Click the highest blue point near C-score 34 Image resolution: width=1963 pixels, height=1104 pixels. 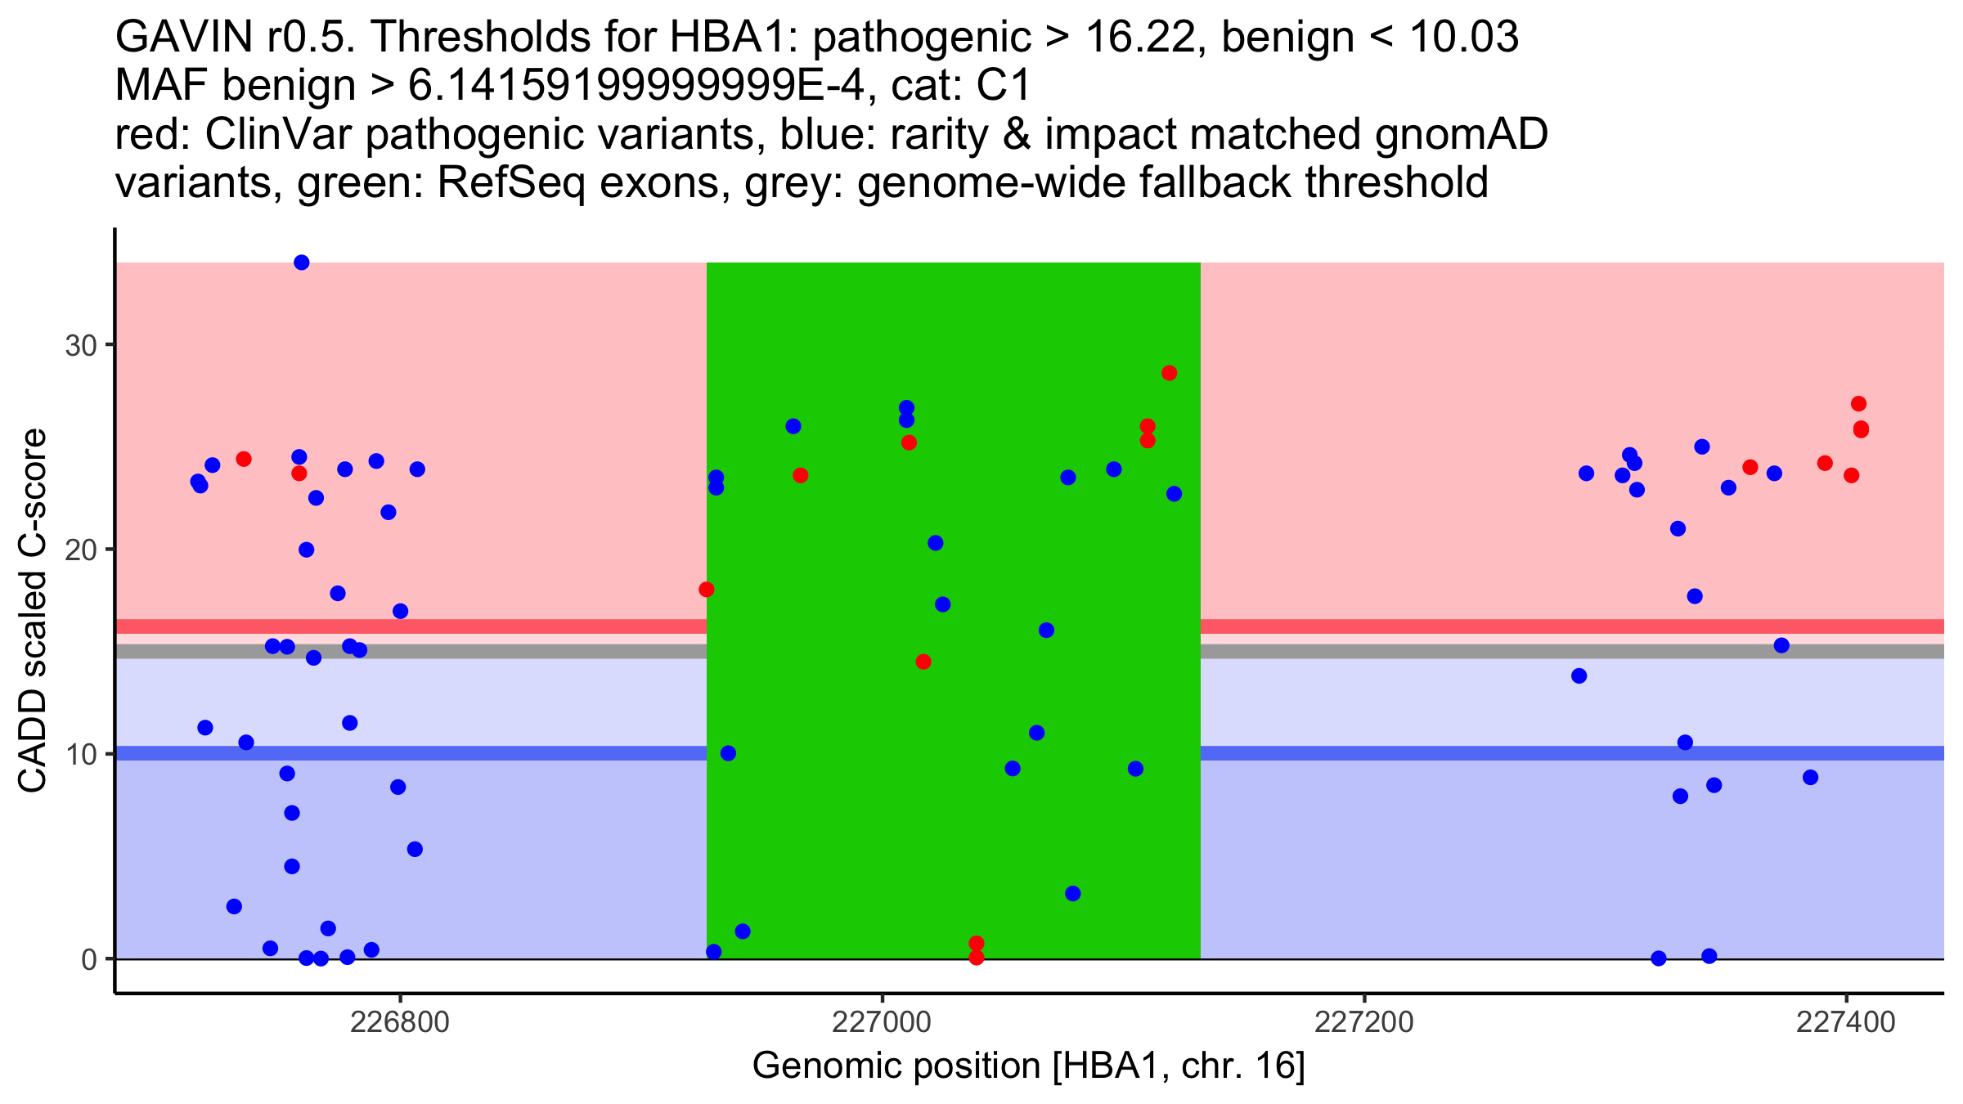pos(301,263)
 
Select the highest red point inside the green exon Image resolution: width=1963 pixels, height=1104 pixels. pos(1169,373)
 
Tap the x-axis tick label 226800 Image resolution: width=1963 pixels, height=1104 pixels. pos(399,1023)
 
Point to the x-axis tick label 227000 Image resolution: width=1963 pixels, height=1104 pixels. pos(882,1023)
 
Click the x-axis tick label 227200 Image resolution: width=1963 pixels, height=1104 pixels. pos(1363,1023)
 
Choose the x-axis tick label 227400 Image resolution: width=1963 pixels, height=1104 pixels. pos(1845,1023)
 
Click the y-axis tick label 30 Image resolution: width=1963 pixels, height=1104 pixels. pos(81,345)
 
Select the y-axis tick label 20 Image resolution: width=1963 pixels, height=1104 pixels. pos(81,550)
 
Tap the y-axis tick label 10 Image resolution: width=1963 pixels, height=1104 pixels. pos(81,754)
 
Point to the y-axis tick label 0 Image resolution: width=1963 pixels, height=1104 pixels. pos(89,959)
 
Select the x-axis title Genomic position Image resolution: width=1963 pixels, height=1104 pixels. pos(1028,1066)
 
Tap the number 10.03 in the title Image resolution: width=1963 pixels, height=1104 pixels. pos(1465,38)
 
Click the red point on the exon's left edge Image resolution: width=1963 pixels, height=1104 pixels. pos(707,590)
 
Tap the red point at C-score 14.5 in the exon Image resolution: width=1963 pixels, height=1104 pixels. pos(923,662)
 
